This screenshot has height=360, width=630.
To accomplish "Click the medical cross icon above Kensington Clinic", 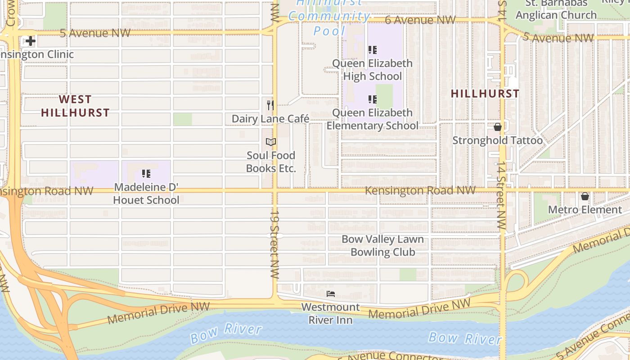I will tap(30, 41).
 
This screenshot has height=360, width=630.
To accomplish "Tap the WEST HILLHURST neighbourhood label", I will tap(75, 106).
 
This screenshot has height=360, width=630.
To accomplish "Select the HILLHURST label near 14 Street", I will tap(485, 94).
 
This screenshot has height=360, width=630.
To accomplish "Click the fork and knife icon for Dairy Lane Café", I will tap(270, 105).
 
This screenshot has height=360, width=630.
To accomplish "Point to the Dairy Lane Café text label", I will tap(270, 119).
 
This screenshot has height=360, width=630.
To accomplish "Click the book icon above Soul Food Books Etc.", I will tap(270, 142).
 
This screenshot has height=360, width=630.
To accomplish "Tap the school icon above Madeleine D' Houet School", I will tap(146, 173).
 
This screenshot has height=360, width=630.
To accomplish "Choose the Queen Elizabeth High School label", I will tap(372, 70).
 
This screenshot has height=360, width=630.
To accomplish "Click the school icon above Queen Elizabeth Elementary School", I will tap(372, 99).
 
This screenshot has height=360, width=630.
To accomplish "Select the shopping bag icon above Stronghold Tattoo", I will tap(497, 127).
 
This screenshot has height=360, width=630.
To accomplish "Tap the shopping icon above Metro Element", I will tap(585, 196).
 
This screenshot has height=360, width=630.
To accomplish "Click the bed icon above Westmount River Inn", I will tap(331, 294).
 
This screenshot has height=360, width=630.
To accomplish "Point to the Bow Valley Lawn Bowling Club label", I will tap(382, 246).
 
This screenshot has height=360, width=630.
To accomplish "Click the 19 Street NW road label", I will tap(274, 243).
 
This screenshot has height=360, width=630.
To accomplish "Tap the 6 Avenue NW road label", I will tap(420, 20).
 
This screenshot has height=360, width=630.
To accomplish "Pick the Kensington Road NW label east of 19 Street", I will tap(420, 190).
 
